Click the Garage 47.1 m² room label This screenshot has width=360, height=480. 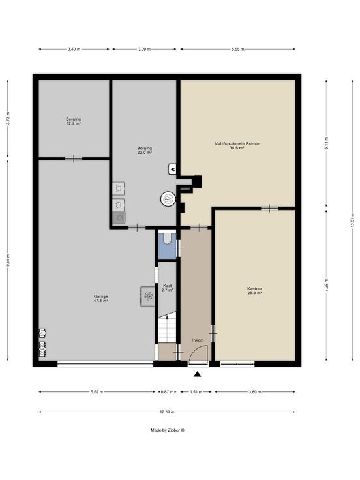point(100,299)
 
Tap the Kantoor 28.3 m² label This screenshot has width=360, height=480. point(255,290)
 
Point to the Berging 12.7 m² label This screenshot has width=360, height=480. point(74,121)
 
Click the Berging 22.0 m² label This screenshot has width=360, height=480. point(145,150)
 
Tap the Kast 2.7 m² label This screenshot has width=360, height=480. point(167,288)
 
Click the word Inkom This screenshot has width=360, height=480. point(198,340)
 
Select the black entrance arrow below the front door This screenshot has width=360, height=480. point(198,374)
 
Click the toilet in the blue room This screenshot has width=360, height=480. point(167,238)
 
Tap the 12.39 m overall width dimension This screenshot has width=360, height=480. point(167,412)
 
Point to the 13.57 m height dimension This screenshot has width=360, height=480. point(352,220)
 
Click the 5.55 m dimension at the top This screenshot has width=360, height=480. point(237,49)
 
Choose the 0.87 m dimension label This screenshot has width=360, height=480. point(168,392)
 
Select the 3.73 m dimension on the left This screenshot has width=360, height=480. point(8,118)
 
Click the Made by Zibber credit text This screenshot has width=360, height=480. point(168,430)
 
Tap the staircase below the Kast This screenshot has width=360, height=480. point(167,327)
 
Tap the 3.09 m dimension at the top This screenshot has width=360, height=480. point(144,49)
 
